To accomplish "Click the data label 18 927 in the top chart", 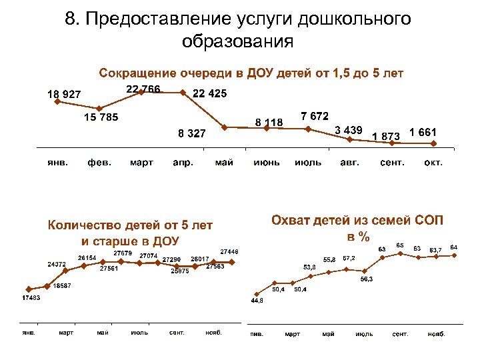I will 63,95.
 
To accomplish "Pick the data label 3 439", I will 348,129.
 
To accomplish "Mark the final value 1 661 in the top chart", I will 423,132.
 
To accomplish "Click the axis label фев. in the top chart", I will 99,163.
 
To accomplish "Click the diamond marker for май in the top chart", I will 225,127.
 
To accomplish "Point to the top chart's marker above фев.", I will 99,109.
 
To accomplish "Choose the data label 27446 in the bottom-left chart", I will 229,251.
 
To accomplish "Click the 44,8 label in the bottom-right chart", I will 257,301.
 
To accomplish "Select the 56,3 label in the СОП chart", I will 367,279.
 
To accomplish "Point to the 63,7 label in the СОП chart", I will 435,248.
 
